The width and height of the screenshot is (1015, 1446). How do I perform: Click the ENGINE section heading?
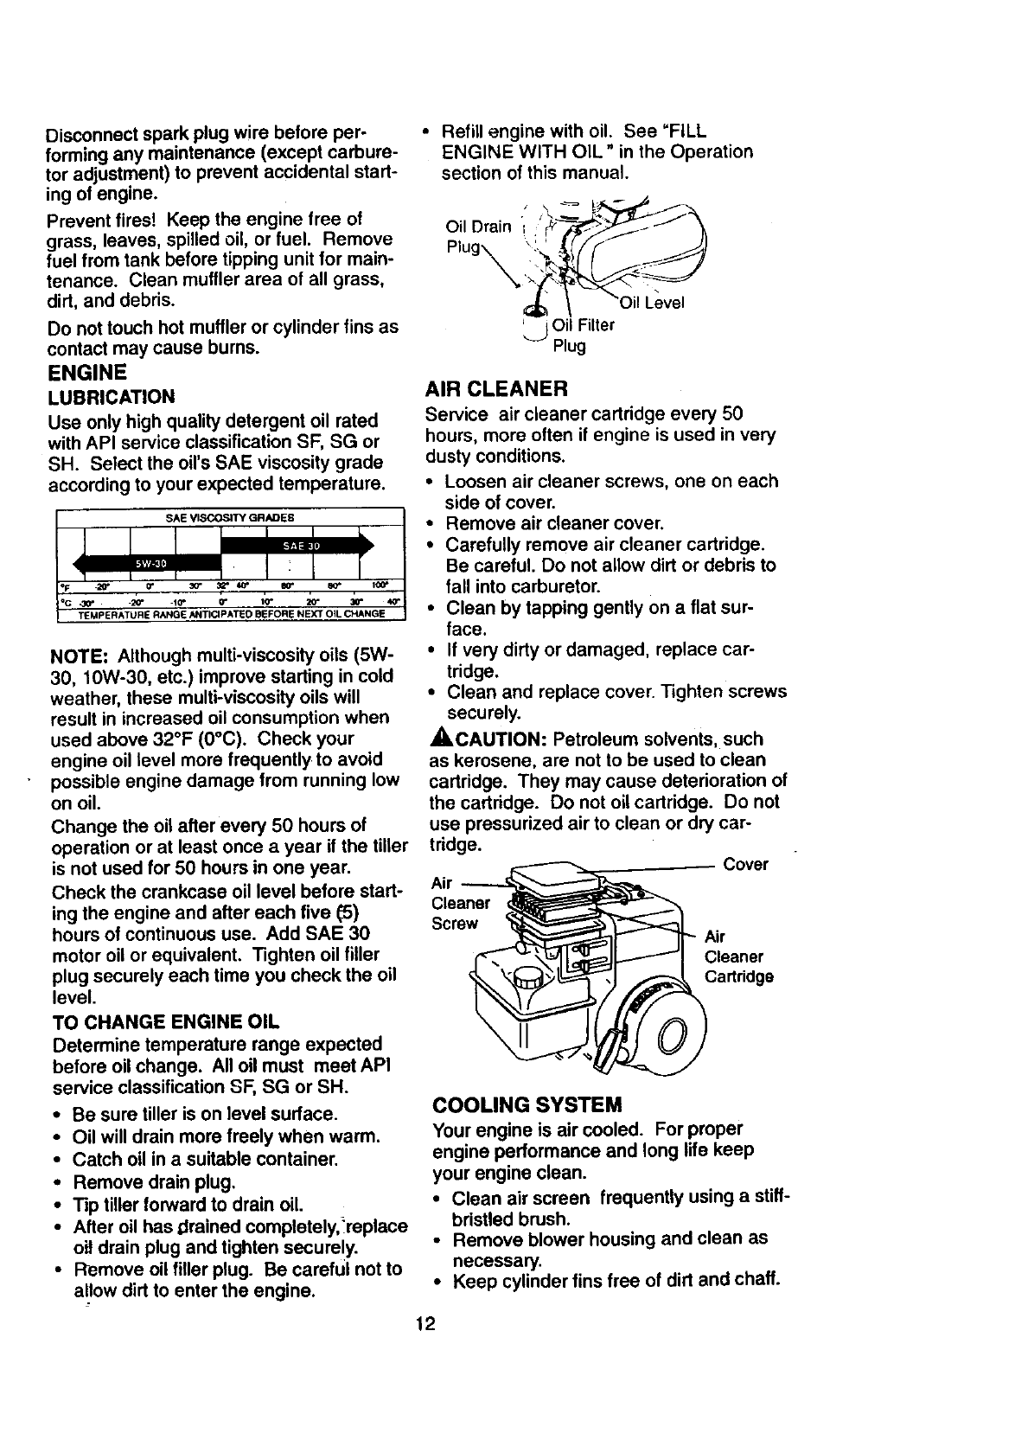click(x=87, y=373)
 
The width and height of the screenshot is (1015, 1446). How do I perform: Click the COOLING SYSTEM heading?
click(x=527, y=1104)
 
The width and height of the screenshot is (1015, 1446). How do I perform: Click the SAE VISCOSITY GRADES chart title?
click(x=229, y=517)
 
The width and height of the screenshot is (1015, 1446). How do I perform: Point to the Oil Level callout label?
click(x=651, y=303)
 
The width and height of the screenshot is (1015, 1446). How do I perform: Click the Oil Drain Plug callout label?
click(x=477, y=236)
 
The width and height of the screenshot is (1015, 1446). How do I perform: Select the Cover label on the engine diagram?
click(x=745, y=865)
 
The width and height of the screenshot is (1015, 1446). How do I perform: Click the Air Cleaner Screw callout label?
click(x=459, y=903)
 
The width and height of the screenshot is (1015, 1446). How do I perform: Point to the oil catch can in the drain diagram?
click(x=536, y=324)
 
